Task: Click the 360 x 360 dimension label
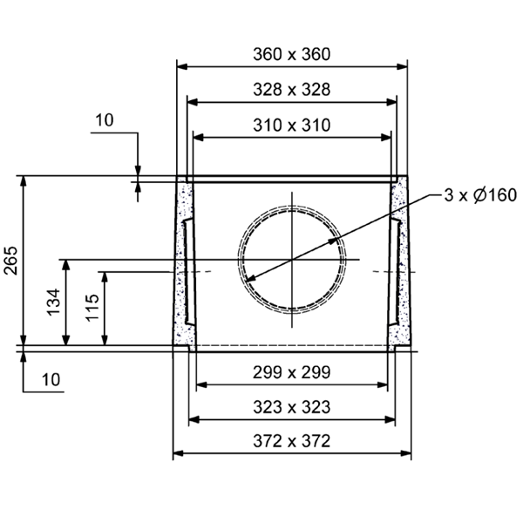[x=292, y=54]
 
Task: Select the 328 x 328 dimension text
[x=292, y=90]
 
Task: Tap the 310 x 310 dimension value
[x=292, y=126]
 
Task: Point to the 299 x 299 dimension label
[x=292, y=372]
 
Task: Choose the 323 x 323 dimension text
[x=292, y=407]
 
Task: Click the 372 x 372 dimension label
[x=292, y=441]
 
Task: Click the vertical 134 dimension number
[x=52, y=302]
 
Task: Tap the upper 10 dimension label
[x=104, y=121]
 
